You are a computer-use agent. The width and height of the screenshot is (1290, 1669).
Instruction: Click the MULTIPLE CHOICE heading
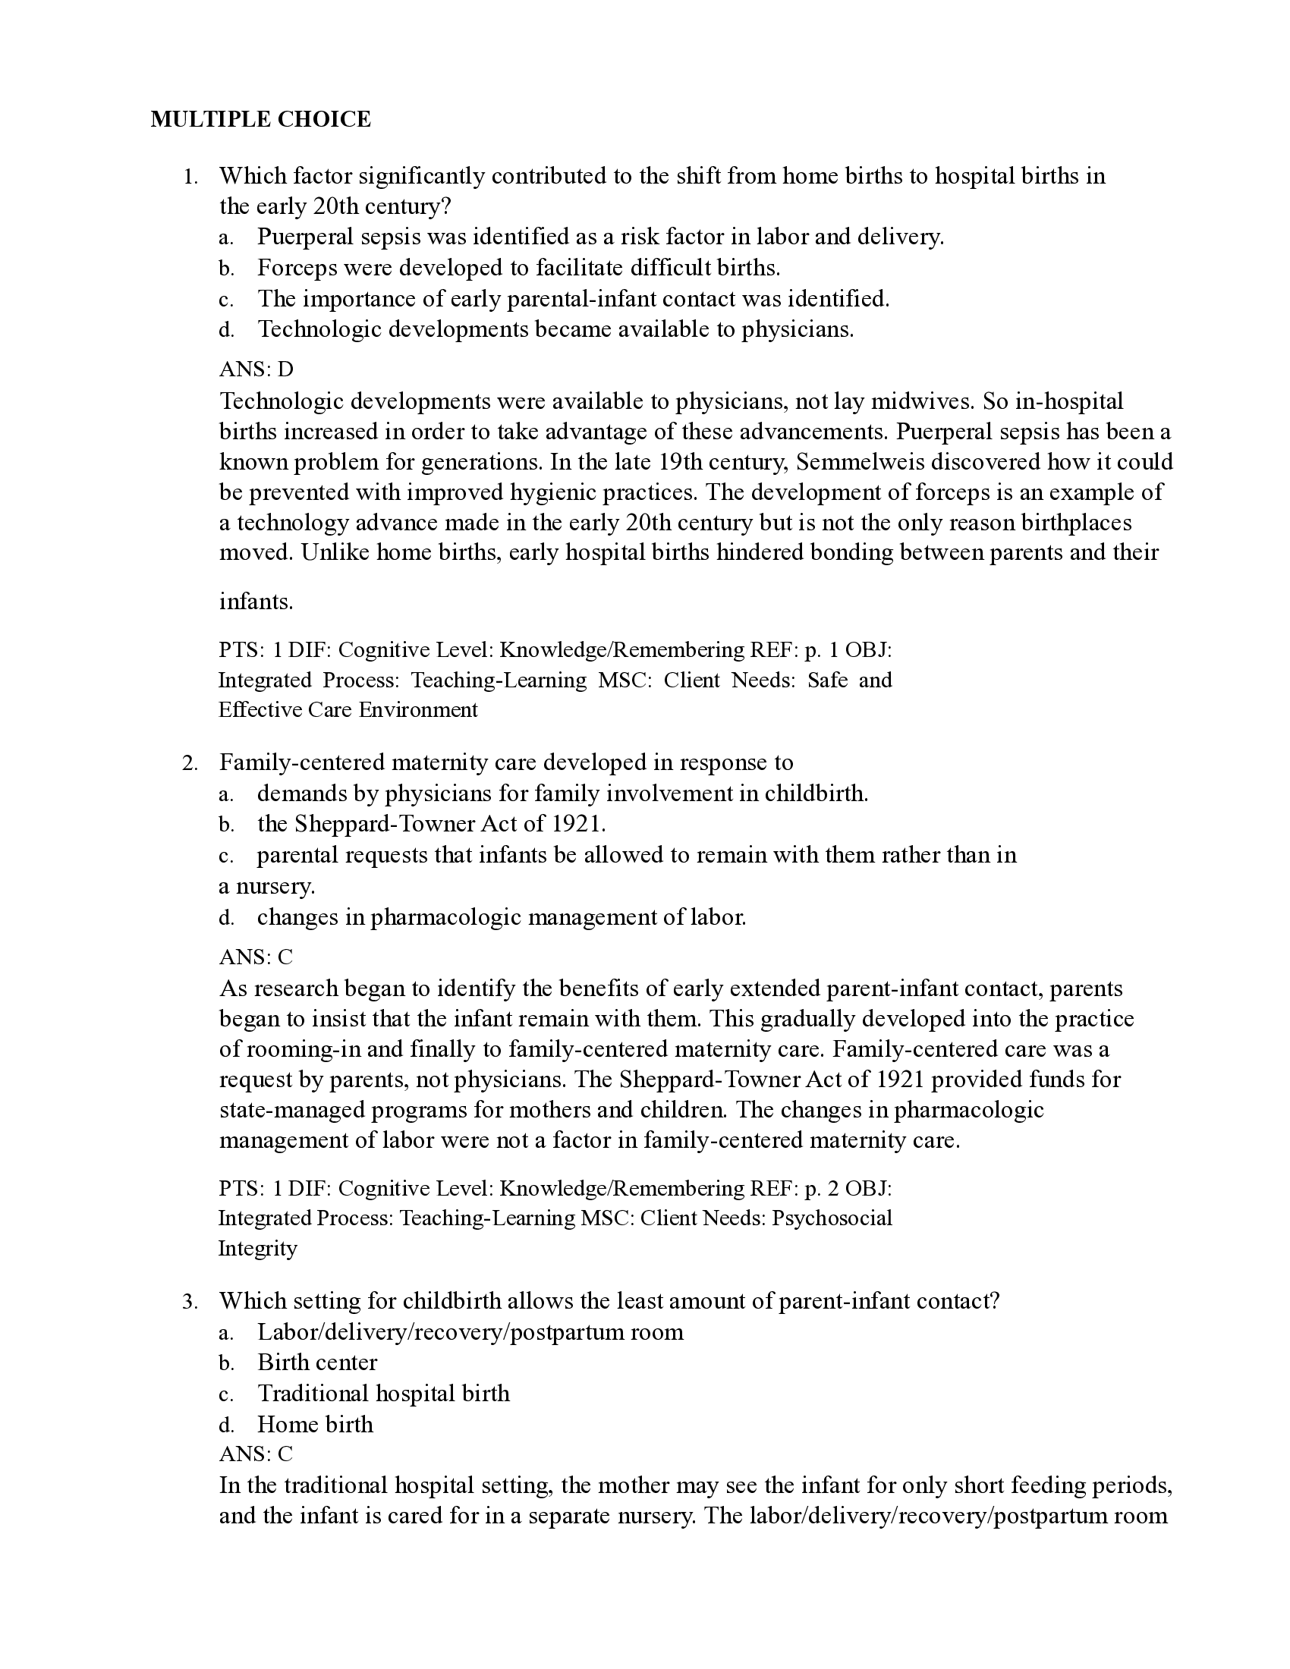260,119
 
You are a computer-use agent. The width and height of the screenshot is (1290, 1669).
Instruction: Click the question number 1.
190,178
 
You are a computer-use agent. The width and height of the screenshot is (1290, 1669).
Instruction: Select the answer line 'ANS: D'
256,369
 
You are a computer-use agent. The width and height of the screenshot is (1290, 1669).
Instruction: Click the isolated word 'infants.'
256,602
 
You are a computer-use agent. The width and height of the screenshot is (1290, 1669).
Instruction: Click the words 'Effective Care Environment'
348,709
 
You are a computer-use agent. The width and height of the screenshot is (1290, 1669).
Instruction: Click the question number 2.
190,763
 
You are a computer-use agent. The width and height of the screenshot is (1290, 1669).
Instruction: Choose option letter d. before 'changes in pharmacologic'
226,918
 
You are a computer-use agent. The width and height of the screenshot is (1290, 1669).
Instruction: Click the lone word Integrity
257,1248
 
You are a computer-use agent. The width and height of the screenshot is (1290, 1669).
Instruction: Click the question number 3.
190,1301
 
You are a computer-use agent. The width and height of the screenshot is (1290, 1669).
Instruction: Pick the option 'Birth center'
317,1363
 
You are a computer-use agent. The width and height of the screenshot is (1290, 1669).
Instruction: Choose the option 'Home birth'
315,1425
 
